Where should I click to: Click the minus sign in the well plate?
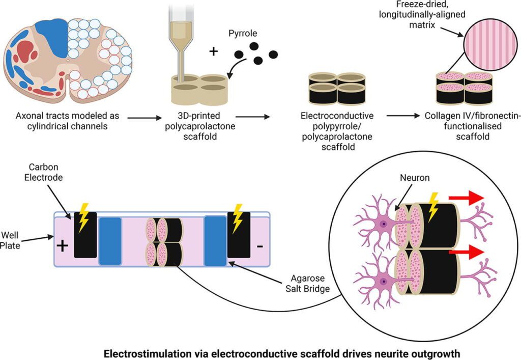pos(259,246)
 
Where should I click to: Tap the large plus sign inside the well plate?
pos(62,245)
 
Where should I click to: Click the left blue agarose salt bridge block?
pos(110,241)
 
